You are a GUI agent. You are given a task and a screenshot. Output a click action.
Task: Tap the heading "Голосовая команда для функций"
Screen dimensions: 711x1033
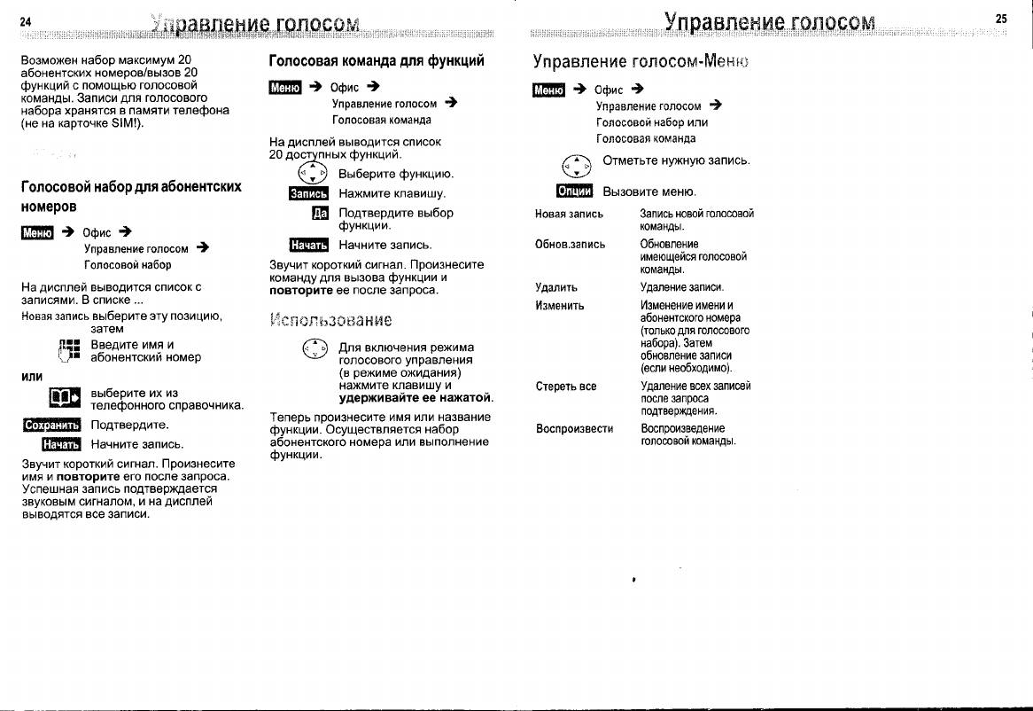(377, 61)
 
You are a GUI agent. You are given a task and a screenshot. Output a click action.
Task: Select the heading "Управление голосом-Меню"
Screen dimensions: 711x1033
(640, 62)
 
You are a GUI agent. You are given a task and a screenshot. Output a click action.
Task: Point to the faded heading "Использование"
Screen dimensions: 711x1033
(330, 319)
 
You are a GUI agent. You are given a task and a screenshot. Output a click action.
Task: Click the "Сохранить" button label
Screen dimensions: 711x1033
(51, 426)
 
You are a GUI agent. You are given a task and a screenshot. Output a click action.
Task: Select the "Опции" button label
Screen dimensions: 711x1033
(574, 191)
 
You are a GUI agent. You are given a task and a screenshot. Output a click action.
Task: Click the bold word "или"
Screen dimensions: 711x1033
(33, 376)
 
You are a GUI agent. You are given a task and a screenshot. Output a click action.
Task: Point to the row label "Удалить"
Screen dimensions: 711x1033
(556, 287)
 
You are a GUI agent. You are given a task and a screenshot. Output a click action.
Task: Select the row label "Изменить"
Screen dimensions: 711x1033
(560, 305)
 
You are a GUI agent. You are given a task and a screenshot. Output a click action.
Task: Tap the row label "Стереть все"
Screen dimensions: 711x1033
(565, 387)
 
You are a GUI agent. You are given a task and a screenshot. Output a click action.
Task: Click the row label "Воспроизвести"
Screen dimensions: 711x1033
(574, 428)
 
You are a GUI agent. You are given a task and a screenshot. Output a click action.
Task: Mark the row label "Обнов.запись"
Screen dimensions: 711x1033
(570, 244)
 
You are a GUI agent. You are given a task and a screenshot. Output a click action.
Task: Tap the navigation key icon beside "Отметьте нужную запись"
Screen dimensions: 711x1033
(577, 165)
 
